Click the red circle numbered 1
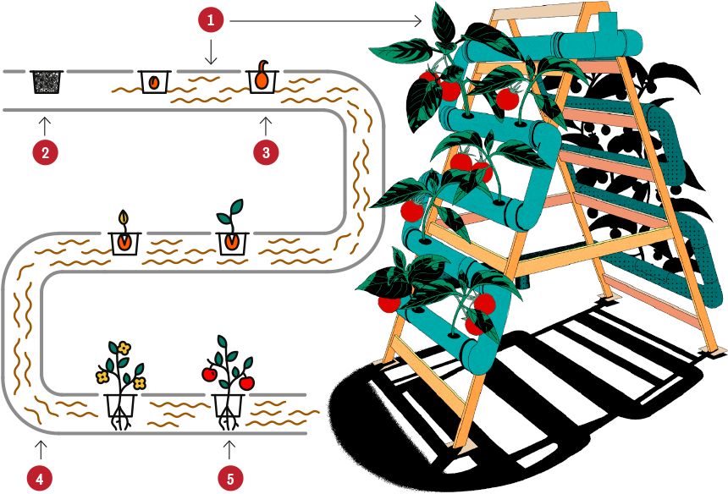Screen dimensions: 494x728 (212, 19)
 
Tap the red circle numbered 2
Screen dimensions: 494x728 (46, 153)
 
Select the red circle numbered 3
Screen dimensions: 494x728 (266, 153)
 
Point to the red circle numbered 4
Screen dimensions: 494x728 (39, 478)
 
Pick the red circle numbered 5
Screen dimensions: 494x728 (229, 478)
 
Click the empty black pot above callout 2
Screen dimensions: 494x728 (46, 81)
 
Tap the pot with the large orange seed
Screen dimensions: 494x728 (262, 80)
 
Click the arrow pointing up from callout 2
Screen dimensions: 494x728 (46, 125)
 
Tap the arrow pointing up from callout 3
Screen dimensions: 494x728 (266, 125)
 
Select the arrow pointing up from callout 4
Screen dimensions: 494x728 (39, 448)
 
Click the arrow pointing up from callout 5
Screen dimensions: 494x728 (229, 448)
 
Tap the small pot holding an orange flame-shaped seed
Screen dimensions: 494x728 (154, 82)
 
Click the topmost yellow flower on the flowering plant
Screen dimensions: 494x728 (124, 347)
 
